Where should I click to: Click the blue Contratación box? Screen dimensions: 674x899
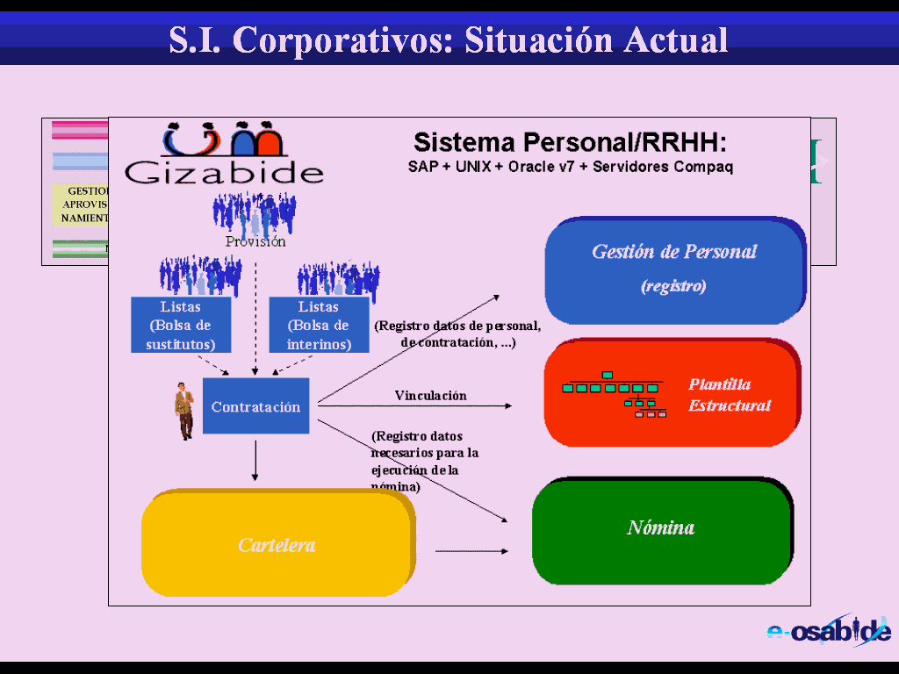pos(255,406)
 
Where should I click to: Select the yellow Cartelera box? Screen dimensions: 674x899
pos(277,545)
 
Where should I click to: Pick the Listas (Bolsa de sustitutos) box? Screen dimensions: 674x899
pos(181,325)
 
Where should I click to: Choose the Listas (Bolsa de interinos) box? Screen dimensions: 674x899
pos(319,325)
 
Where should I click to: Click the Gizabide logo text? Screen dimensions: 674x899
pos(224,171)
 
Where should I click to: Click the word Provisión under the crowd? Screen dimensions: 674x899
pos(255,241)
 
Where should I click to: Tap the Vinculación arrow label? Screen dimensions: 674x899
pos(430,396)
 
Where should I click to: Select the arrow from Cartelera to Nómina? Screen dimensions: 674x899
pos(471,551)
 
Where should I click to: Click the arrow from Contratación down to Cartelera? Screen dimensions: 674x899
pos(255,460)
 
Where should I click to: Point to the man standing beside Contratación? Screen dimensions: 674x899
pos(183,411)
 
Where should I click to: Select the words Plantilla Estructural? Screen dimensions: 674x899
pos(730,395)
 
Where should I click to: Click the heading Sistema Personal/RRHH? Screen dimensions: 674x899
pos(570,142)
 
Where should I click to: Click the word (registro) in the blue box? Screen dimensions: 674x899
pos(673,286)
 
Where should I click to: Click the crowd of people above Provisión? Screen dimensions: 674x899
pos(255,212)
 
